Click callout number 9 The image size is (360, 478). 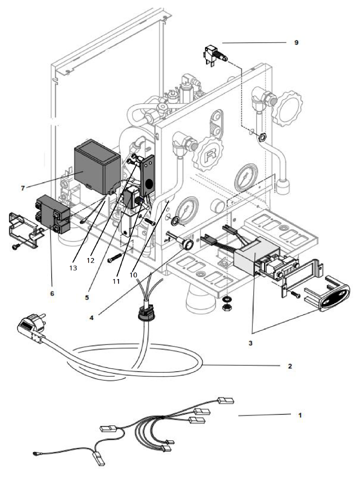[296, 42]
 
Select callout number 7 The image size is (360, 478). [22, 187]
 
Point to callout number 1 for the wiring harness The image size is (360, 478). [299, 415]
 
